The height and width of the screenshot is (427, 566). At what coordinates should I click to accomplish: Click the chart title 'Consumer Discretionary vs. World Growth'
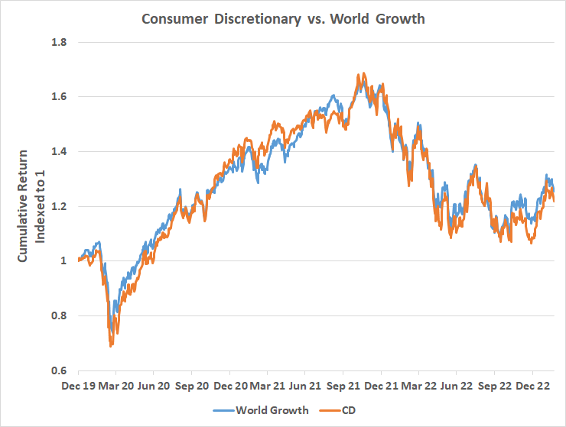[x=283, y=18]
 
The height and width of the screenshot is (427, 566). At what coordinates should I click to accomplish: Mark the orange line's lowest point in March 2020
[x=112, y=346]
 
